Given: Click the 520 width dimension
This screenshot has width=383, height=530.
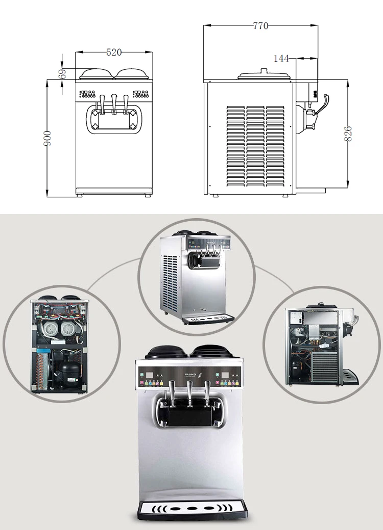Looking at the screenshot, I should coord(114,52).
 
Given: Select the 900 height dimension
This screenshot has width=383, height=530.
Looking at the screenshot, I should coord(47,138).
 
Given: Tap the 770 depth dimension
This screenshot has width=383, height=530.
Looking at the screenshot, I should coord(260,26).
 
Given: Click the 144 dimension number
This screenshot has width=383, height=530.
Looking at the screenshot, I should coord(281,59).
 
